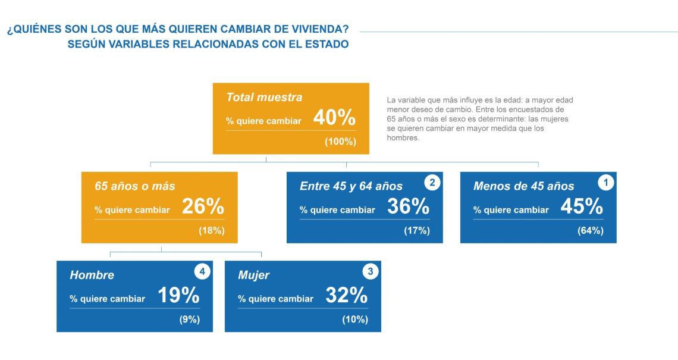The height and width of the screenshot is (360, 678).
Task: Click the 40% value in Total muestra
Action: pyautogui.click(x=334, y=118)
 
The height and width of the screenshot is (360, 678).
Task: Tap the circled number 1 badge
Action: pyautogui.click(x=605, y=183)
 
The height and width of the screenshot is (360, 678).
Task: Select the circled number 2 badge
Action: pyautogui.click(x=432, y=183)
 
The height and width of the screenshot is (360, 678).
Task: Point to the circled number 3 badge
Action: pyautogui.click(x=371, y=272)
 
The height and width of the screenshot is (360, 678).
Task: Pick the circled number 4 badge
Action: pyautogui.click(x=202, y=272)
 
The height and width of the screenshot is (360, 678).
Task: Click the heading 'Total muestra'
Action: pyautogui.click(x=264, y=98)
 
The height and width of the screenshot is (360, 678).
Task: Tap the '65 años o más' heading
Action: pyautogui.click(x=135, y=186)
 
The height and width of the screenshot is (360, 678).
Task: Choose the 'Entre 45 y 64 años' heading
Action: pyautogui.click(x=351, y=186)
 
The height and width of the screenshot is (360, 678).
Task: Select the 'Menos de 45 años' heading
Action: pyautogui.click(x=523, y=186)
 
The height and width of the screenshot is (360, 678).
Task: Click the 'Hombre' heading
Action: pyautogui.click(x=92, y=276)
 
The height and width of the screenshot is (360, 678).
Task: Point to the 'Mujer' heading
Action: pyautogui.click(x=253, y=276)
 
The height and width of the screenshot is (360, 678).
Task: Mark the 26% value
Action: pyautogui.click(x=203, y=207)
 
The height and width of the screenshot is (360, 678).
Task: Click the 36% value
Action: pyautogui.click(x=408, y=207)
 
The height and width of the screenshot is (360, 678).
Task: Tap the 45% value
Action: pyautogui.click(x=582, y=207)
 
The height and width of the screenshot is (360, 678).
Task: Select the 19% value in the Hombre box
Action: pyautogui.click(x=178, y=296)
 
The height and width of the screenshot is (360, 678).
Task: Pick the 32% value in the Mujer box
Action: pyautogui.click(x=346, y=296)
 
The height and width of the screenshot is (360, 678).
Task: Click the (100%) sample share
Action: pyautogui.click(x=340, y=142)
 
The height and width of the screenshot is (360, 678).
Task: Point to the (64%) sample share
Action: pyautogui.click(x=590, y=231)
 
